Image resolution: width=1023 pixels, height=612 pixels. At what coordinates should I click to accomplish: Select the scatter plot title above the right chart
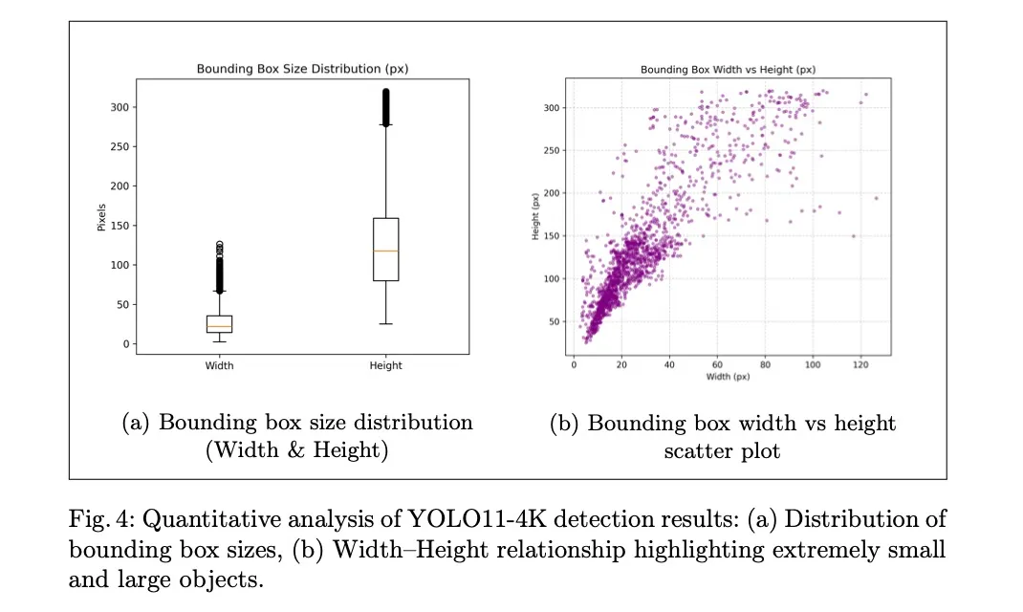728,70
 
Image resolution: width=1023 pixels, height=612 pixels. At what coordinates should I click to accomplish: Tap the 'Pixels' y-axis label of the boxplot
102,216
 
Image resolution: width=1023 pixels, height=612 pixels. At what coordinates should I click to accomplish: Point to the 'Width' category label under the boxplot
219,365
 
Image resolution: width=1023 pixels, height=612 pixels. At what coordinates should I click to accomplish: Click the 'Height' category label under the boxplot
385,365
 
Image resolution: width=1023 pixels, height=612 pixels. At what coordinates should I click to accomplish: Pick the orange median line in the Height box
385,251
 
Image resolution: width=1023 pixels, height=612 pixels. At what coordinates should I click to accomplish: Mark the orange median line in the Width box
219,327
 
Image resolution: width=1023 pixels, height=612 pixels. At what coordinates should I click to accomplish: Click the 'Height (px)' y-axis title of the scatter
536,216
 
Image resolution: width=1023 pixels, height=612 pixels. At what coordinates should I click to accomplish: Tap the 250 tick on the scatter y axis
551,150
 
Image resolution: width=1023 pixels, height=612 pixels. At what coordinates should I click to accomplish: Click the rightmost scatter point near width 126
876,198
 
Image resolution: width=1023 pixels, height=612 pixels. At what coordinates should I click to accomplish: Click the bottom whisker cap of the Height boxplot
385,324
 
